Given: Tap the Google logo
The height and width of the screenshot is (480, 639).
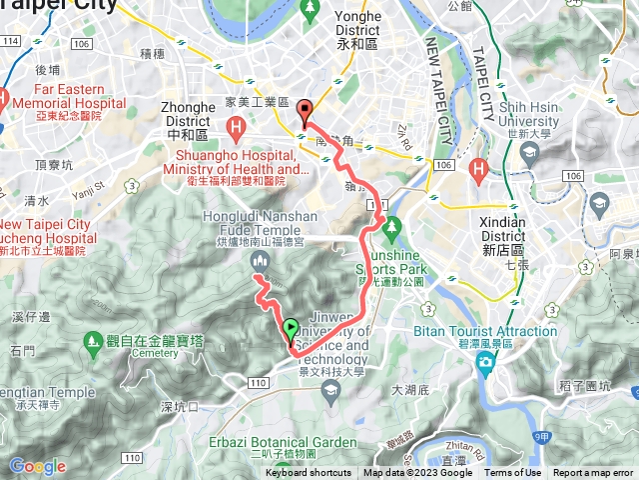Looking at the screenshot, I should (x=37, y=466).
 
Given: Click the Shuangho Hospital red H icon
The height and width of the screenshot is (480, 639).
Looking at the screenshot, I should (x=236, y=127).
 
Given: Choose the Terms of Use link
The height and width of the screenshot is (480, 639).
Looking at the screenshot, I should (x=513, y=473).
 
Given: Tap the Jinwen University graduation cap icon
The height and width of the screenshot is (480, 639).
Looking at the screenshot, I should (x=330, y=395).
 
